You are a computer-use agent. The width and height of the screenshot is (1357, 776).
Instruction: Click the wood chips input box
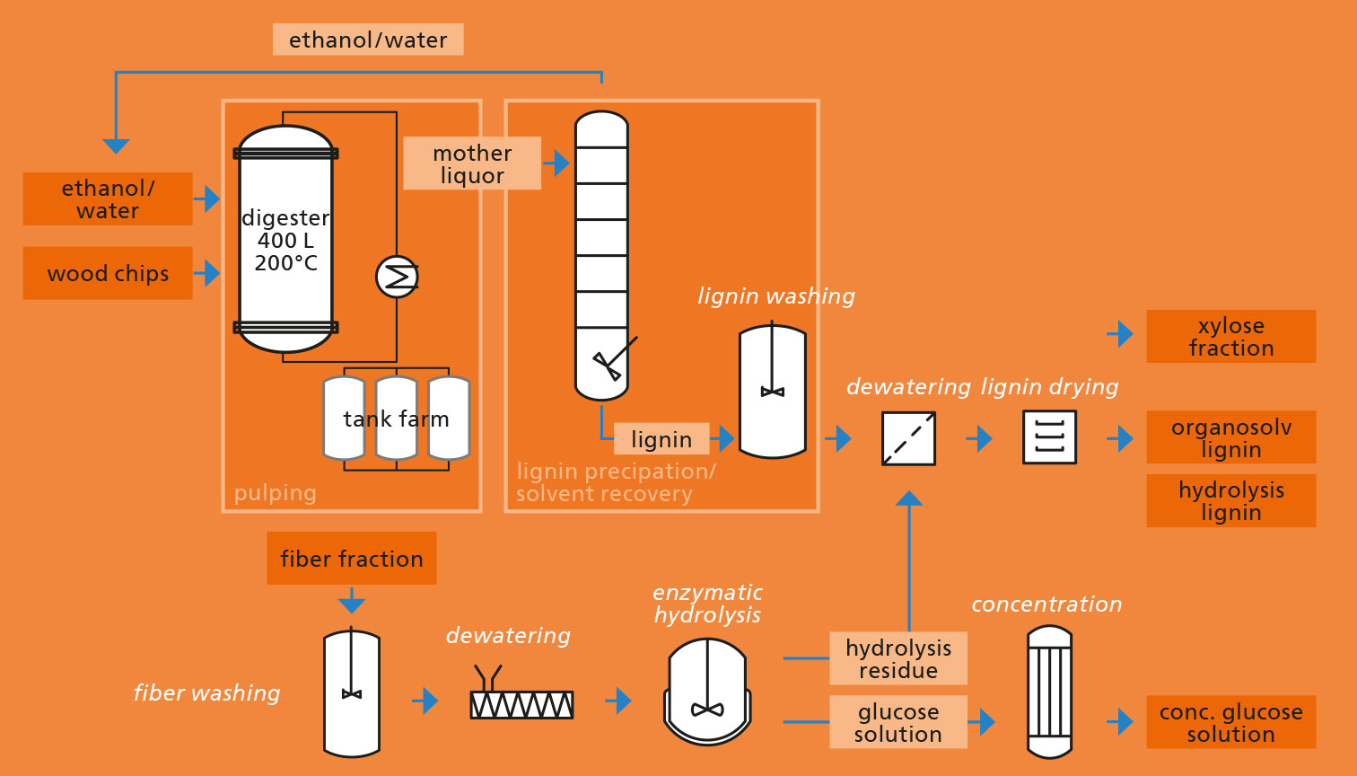point(108,273)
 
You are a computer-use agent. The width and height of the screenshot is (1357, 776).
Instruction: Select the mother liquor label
point(472,163)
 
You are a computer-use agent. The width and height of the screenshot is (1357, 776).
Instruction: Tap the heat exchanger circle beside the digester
point(398,277)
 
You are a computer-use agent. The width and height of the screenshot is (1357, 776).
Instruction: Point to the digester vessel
point(286,239)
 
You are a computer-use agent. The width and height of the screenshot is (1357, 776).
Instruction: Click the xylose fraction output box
point(1231,337)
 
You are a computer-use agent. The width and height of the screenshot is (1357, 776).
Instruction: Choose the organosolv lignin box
point(1231,437)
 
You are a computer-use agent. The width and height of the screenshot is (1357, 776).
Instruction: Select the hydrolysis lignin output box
point(1231,501)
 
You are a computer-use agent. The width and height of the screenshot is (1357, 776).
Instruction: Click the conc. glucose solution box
point(1231,722)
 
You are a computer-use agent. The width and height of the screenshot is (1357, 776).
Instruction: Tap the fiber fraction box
point(352,559)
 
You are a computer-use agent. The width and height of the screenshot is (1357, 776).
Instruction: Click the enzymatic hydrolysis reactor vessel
point(707,692)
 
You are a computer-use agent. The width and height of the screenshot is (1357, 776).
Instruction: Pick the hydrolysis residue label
point(897,658)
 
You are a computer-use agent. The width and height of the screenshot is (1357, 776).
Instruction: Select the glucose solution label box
point(897,722)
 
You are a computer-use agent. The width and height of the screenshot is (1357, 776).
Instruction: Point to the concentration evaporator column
point(1050,692)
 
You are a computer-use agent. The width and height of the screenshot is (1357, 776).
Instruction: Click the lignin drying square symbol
point(1050,437)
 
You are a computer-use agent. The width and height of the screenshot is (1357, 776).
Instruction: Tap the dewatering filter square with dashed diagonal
point(908,439)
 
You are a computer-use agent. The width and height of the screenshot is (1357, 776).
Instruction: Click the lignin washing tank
point(773,391)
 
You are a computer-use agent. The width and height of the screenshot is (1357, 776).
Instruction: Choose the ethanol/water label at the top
point(368,40)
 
